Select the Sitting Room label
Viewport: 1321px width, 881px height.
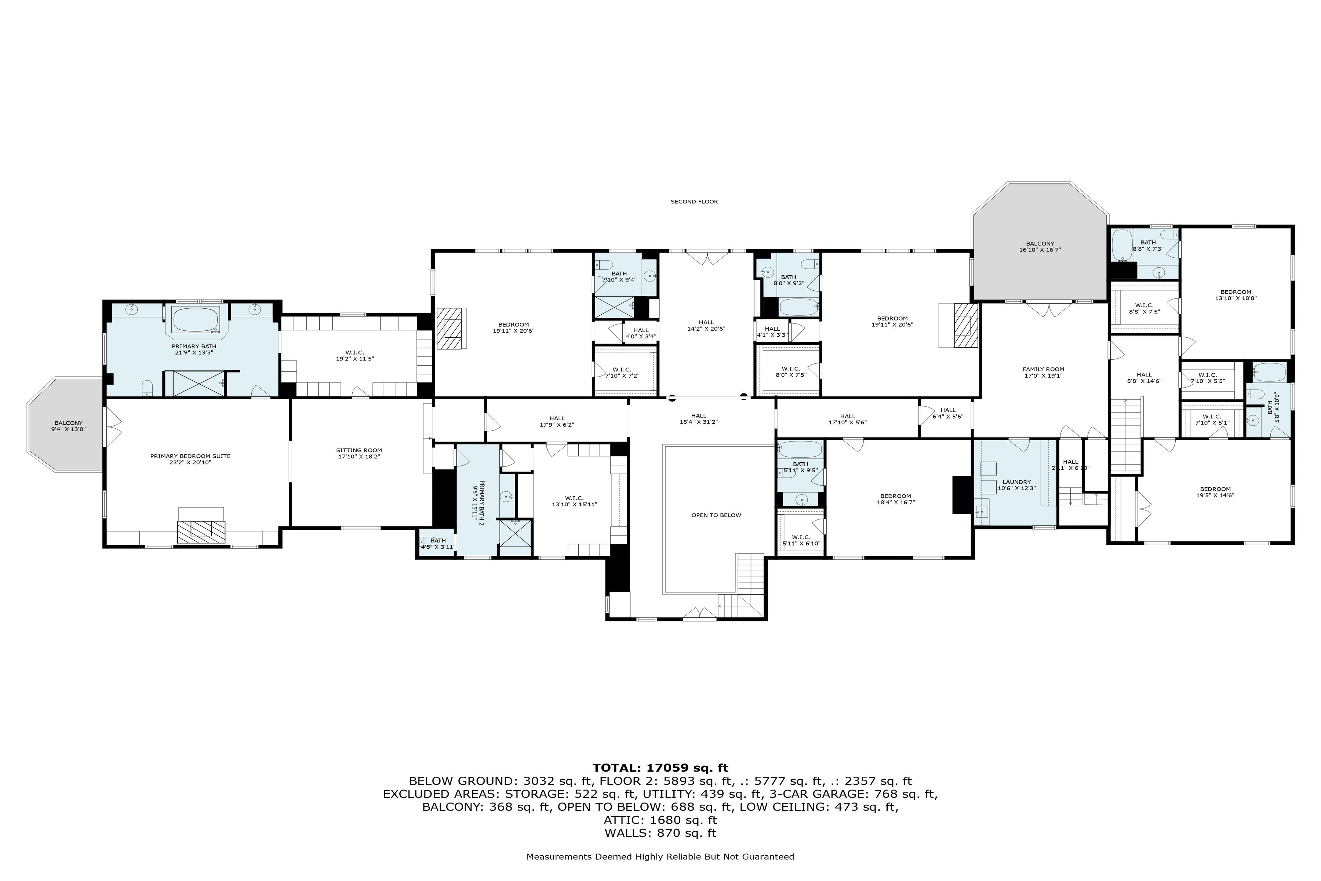click(359, 453)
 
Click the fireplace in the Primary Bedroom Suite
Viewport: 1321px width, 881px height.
click(201, 531)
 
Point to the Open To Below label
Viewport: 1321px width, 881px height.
click(716, 515)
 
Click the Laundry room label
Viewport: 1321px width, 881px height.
click(1016, 485)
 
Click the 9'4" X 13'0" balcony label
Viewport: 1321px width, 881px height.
click(69, 426)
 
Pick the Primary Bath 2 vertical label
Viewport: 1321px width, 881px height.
click(478, 503)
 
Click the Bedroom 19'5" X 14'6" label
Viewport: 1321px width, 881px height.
click(1215, 492)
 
